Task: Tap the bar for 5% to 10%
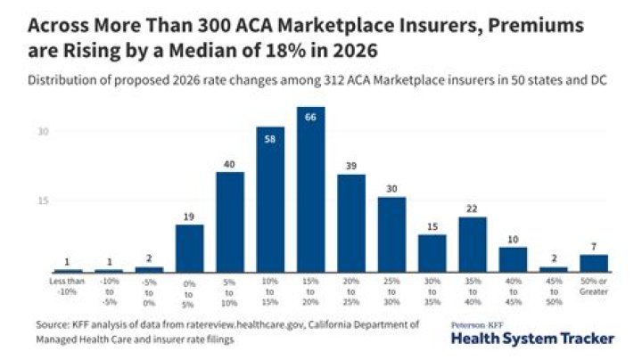[230, 222]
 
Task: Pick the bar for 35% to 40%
[473, 244]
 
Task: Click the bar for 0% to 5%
[189, 248]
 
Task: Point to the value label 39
[351, 166]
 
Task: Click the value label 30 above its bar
[391, 188]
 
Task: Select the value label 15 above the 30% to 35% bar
[432, 226]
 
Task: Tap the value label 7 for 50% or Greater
[594, 246]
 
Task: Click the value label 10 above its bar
[513, 239]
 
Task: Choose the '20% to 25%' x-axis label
[351, 290]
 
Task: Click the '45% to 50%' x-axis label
[554, 290]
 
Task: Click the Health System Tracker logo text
[533, 339]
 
